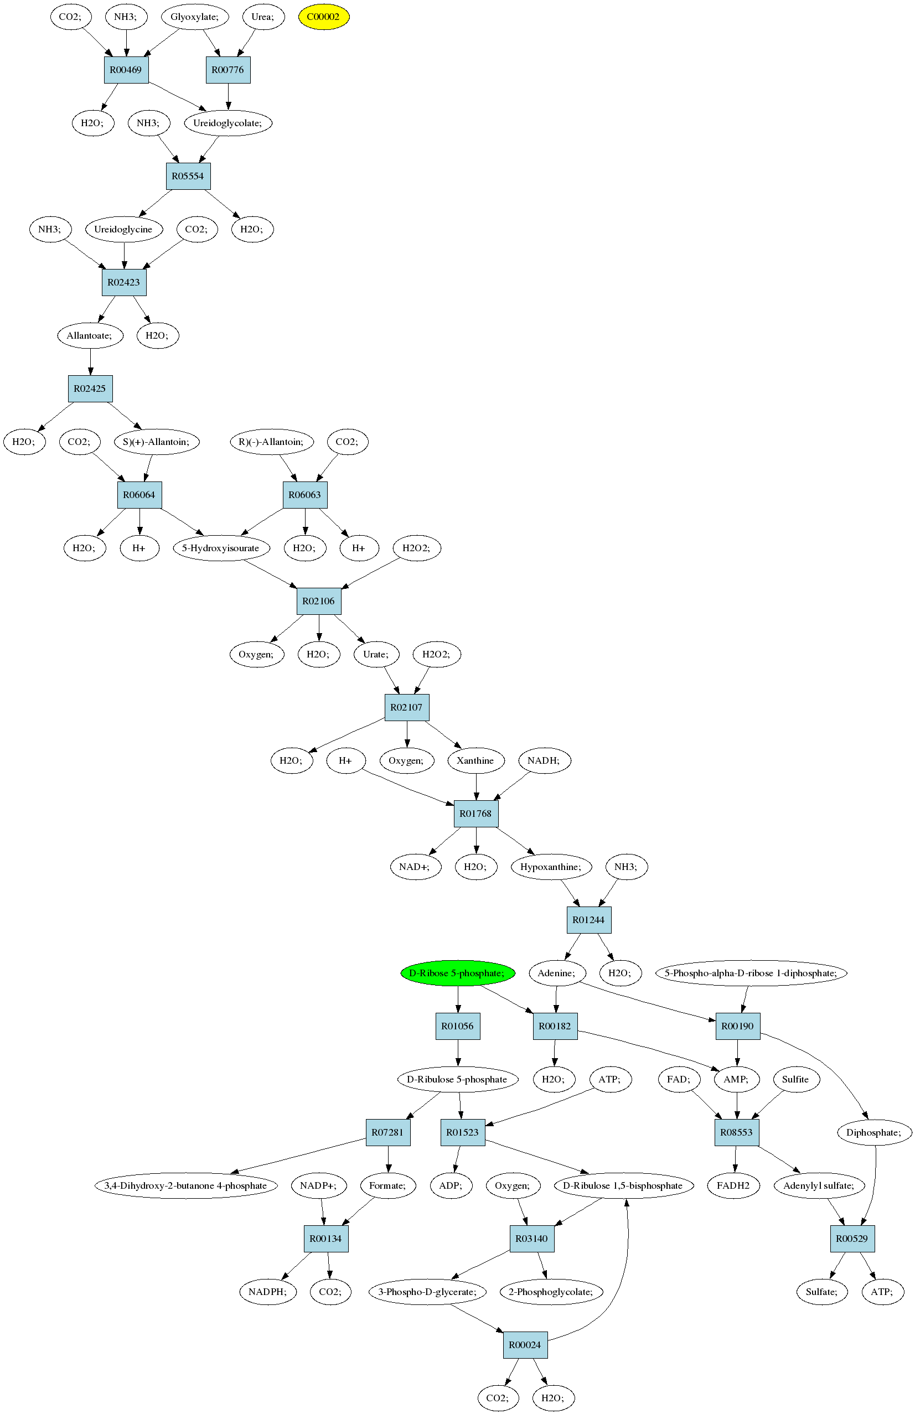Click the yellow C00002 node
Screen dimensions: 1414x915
click(x=323, y=17)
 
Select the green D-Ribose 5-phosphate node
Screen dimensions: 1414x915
click(x=457, y=973)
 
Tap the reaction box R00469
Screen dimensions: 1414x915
click(x=126, y=70)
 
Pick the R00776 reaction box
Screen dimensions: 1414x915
click(x=228, y=70)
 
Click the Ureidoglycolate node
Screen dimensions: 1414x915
click(x=228, y=123)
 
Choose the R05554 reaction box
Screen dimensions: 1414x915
click(x=188, y=177)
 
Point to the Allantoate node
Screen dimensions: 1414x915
click(x=90, y=335)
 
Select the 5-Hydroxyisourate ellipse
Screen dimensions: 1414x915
click(x=221, y=548)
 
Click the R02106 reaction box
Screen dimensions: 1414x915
click(x=319, y=601)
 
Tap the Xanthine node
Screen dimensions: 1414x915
click(x=475, y=760)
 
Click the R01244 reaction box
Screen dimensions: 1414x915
click(x=589, y=920)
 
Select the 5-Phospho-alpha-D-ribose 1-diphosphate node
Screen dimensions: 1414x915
click(x=751, y=973)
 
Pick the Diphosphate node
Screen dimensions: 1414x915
click(x=873, y=1132)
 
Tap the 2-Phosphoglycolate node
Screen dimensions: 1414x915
click(x=551, y=1292)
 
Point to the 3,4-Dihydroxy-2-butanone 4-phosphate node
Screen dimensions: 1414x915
click(x=186, y=1185)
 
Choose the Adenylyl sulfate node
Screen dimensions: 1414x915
click(x=819, y=1185)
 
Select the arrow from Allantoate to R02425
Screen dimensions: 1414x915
click(x=90, y=361)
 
